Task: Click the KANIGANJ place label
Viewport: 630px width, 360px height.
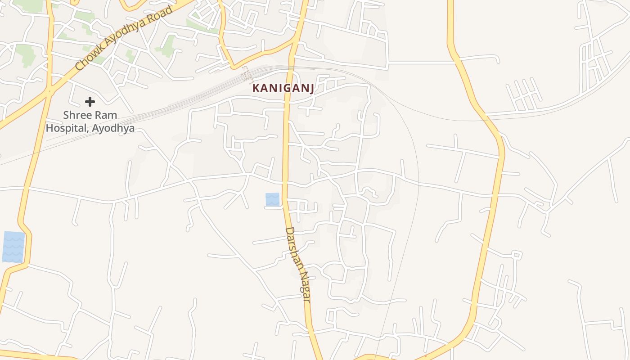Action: click(x=283, y=88)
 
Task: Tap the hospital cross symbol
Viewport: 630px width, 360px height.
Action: click(x=90, y=102)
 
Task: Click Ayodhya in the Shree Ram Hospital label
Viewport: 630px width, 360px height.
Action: click(x=113, y=128)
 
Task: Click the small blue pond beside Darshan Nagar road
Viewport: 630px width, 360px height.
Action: click(x=272, y=199)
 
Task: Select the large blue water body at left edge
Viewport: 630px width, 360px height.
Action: click(x=13, y=247)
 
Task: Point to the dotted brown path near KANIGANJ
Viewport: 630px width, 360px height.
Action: click(x=247, y=74)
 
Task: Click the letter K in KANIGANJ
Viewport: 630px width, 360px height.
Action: click(x=256, y=88)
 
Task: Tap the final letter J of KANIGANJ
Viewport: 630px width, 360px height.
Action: click(x=311, y=89)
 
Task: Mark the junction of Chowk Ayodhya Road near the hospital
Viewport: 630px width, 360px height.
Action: click(x=49, y=91)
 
